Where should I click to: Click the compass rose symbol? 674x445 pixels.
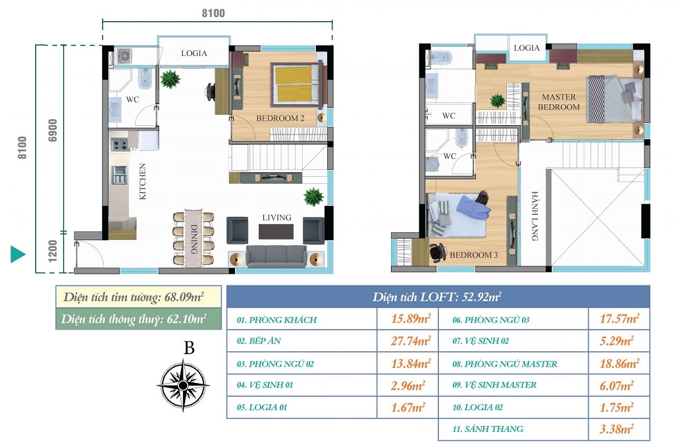click(183, 385)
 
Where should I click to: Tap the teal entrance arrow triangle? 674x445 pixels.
click(18, 254)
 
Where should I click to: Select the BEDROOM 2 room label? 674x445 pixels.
click(280, 118)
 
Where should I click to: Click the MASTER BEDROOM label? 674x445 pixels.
click(559, 102)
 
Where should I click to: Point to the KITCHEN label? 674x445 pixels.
click(143, 181)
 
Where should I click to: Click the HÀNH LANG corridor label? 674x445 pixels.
click(534, 216)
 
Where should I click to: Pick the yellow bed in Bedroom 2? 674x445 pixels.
click(297, 84)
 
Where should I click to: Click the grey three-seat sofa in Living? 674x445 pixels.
click(276, 256)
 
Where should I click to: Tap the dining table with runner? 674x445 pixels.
click(194, 239)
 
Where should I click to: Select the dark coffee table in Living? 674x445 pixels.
click(276, 231)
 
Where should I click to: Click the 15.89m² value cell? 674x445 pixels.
click(410, 319)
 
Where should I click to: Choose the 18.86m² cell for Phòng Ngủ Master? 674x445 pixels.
click(619, 364)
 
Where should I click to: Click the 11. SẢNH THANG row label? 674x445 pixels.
click(488, 429)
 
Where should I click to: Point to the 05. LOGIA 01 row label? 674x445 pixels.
click(262, 407)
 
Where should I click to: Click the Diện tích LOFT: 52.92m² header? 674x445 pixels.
click(438, 297)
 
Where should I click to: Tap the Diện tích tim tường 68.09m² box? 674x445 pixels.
click(138, 297)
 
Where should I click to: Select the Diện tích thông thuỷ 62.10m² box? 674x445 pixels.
click(138, 319)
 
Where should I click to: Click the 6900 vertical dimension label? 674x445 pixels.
click(53, 130)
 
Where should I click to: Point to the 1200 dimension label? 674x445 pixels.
click(53, 251)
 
